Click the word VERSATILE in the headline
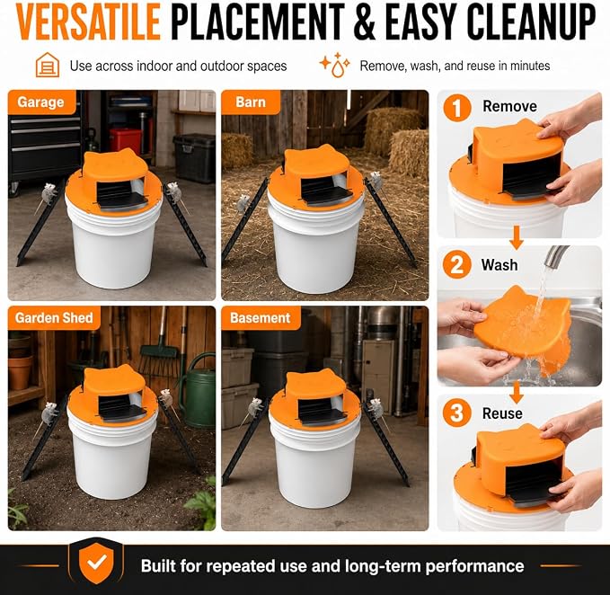point(88,22)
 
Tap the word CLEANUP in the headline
point(531,22)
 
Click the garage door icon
point(48,65)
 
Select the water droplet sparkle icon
point(334,65)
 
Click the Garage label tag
point(41,102)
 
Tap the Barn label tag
point(251,102)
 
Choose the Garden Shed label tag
point(54,318)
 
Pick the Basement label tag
point(261,318)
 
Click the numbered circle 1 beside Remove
point(457,108)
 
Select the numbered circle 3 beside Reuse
point(457,413)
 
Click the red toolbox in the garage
point(125,141)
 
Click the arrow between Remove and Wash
point(517,237)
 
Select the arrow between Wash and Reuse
point(517,392)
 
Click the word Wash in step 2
point(499,265)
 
